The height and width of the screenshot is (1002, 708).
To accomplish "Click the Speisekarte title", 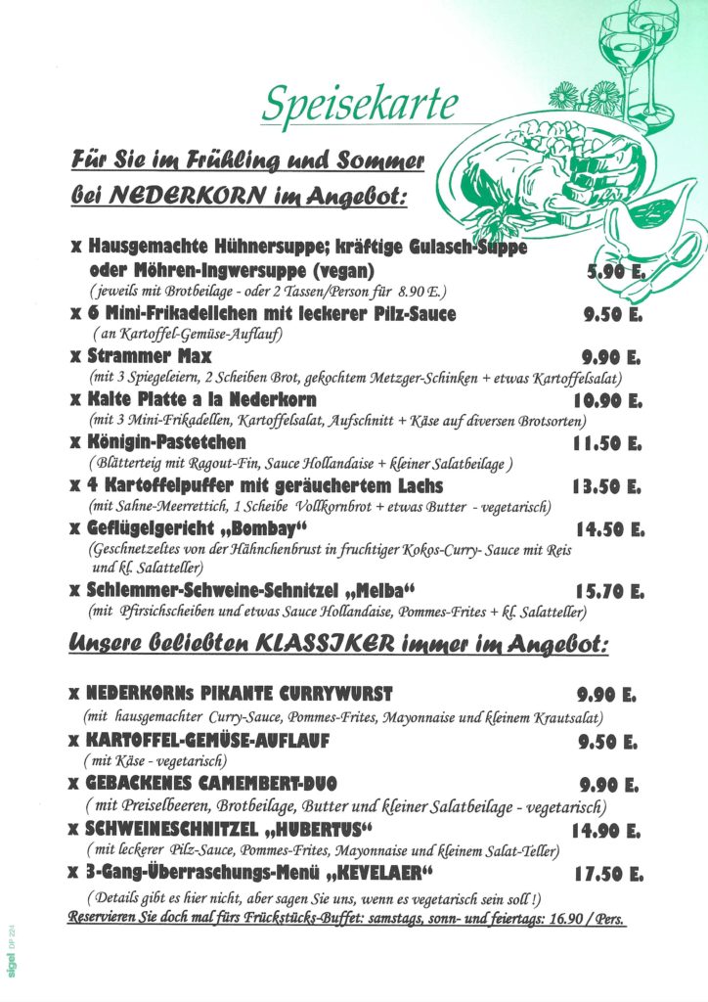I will pos(360,101).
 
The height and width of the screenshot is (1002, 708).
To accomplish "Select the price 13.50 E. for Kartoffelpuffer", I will pos(607,487).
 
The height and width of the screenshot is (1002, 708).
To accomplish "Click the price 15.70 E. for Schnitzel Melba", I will pos(608,592).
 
